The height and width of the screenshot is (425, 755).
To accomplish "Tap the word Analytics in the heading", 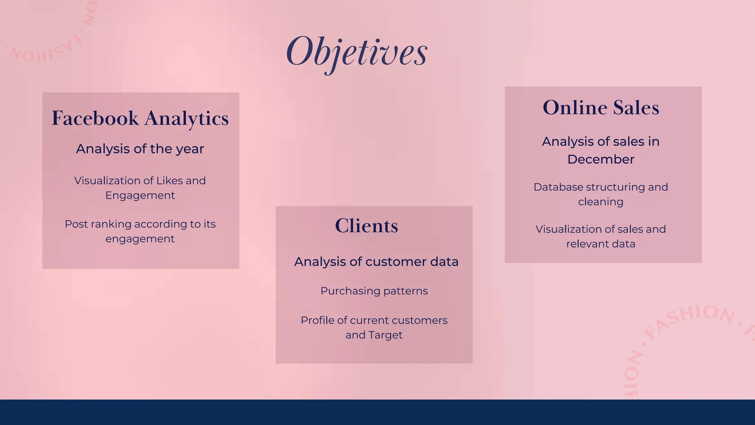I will (x=187, y=119).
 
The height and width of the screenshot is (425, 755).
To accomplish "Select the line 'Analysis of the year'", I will (x=140, y=149).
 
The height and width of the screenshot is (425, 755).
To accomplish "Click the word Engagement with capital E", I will (x=140, y=195).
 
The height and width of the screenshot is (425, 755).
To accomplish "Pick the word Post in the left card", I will (x=76, y=224).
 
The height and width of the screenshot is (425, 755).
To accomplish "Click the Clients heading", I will (x=366, y=226).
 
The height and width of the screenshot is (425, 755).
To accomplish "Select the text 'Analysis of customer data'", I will (x=376, y=262).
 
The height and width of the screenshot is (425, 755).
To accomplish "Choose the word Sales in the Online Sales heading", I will (x=636, y=108).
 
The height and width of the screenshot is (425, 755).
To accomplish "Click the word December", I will (x=601, y=159).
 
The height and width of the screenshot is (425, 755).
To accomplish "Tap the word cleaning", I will (x=601, y=202).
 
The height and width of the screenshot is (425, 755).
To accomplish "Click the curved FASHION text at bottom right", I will (x=689, y=317).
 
